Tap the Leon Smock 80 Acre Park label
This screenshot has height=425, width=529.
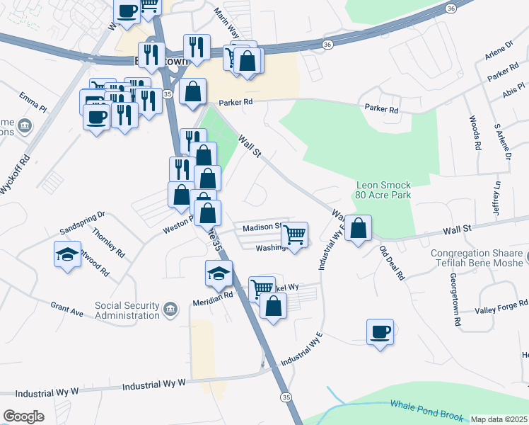point(384,188)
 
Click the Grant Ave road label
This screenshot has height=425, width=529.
point(67,307)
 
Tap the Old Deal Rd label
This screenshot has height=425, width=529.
point(391,263)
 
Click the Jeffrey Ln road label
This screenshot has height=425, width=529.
point(497,198)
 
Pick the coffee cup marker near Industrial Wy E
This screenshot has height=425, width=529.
point(380,331)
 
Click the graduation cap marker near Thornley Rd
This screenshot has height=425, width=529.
point(67,254)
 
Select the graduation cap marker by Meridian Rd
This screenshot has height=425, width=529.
point(219,272)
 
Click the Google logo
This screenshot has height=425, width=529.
point(24,416)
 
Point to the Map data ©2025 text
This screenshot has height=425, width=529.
point(499,419)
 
